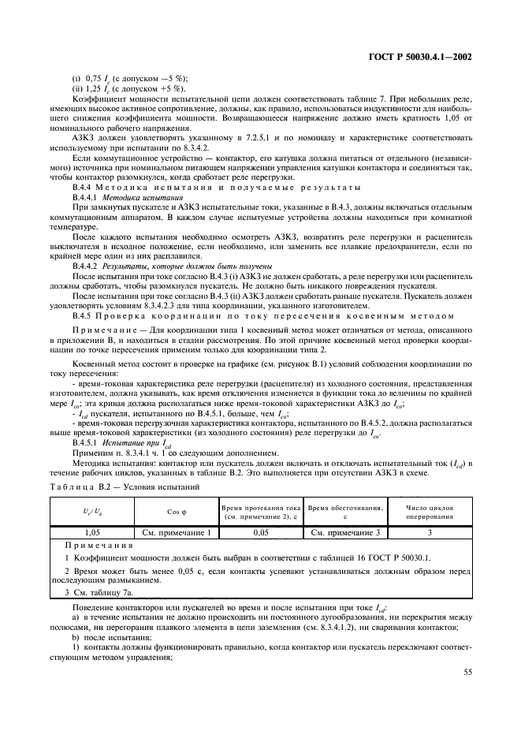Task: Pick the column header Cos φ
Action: (177, 512)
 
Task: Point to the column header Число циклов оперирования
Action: (429, 512)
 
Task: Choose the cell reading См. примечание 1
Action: (177, 534)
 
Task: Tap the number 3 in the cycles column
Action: (429, 534)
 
